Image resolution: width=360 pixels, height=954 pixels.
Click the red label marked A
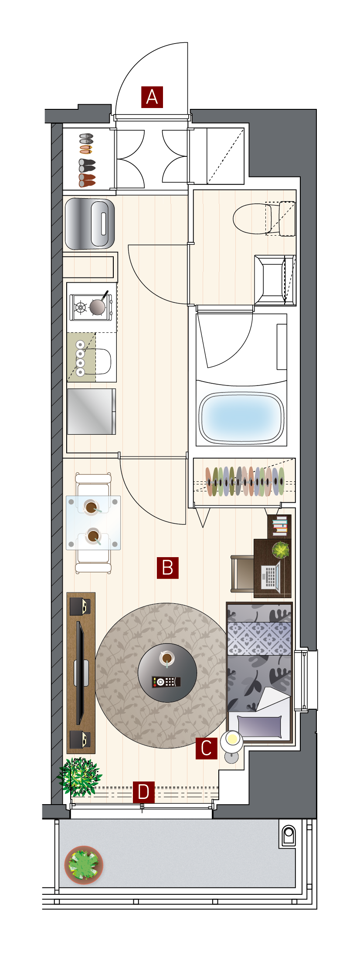coord(152,97)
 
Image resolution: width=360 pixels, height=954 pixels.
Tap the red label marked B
coord(168,568)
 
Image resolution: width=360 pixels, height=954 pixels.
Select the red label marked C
coord(206,748)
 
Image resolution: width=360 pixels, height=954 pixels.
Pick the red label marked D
coord(144,792)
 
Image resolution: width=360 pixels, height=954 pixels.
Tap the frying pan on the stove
coord(98,305)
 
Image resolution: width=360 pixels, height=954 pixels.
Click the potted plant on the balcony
coord(84,865)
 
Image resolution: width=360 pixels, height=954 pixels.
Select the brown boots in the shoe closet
coord(87,180)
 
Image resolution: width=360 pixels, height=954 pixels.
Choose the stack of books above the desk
coord(280,526)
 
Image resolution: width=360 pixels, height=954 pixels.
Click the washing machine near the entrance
coord(90,223)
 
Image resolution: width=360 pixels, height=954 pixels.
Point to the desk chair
coord(242,574)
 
